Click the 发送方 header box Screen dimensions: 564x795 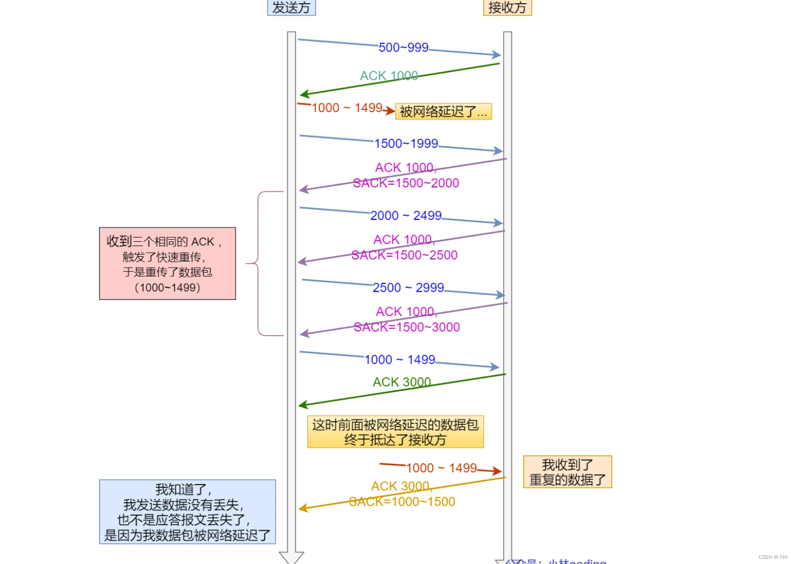(x=291, y=7)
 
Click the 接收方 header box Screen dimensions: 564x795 (x=507, y=7)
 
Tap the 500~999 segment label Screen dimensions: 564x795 (x=403, y=48)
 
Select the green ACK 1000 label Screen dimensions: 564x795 (x=388, y=76)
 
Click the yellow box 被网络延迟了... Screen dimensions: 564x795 (x=443, y=112)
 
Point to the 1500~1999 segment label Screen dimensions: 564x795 (x=406, y=144)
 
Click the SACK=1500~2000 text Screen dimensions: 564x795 (x=406, y=183)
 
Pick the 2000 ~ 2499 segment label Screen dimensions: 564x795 (x=406, y=216)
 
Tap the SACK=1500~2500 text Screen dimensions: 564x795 (x=405, y=255)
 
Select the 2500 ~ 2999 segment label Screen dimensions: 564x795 (x=408, y=288)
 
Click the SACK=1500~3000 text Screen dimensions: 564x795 (x=407, y=327)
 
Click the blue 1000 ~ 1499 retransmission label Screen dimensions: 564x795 (x=400, y=360)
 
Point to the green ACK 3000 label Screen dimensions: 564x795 (x=401, y=382)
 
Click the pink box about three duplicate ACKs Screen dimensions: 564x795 (x=167, y=264)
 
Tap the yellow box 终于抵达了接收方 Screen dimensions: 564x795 (x=395, y=432)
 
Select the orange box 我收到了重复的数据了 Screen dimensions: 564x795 (x=567, y=472)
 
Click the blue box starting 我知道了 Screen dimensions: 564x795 (x=187, y=512)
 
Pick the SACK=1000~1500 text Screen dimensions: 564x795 (x=402, y=502)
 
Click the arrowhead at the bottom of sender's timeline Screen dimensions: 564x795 (x=291, y=557)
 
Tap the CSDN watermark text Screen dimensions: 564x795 (x=772, y=557)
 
